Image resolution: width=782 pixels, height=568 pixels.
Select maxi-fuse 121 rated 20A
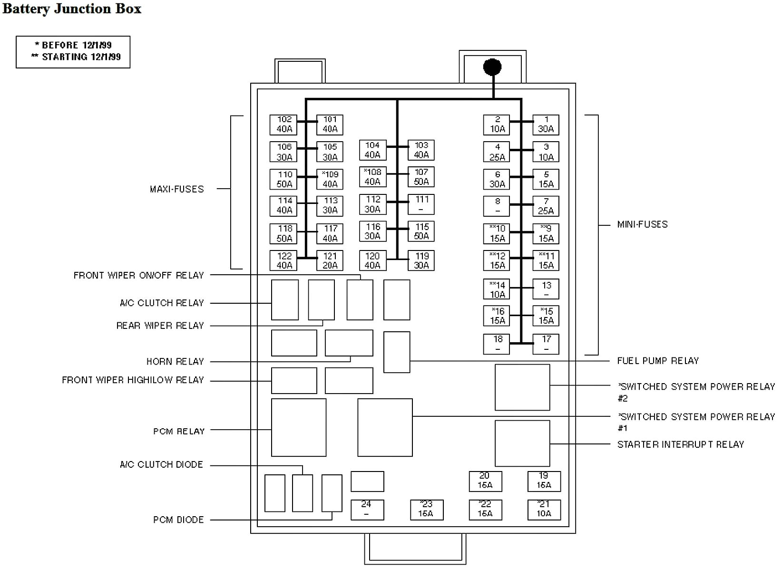click(330, 260)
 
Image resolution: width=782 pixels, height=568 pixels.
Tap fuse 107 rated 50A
click(421, 177)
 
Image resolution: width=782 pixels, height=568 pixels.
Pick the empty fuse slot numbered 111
click(421, 204)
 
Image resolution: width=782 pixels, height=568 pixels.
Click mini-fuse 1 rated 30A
click(546, 125)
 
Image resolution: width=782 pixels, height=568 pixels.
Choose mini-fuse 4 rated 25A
click(497, 152)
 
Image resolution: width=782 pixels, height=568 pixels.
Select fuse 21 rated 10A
click(544, 510)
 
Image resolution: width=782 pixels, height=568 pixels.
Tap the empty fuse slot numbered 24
click(367, 510)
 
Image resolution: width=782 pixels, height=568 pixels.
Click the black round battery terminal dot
click(492, 67)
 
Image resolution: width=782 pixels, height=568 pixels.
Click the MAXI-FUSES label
click(176, 189)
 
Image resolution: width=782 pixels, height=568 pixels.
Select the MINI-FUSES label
click(642, 224)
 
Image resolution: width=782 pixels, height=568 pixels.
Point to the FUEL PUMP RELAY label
click(658, 361)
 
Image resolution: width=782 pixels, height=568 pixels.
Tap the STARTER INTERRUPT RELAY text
click(680, 444)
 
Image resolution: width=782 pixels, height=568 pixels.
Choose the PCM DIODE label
click(178, 520)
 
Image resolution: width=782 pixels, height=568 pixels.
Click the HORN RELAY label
click(175, 362)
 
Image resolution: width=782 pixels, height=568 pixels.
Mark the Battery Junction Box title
click(72, 9)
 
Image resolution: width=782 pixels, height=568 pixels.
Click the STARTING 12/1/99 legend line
click(76, 57)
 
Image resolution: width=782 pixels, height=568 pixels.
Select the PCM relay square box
click(298, 427)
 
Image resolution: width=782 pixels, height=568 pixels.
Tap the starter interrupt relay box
click(522, 443)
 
